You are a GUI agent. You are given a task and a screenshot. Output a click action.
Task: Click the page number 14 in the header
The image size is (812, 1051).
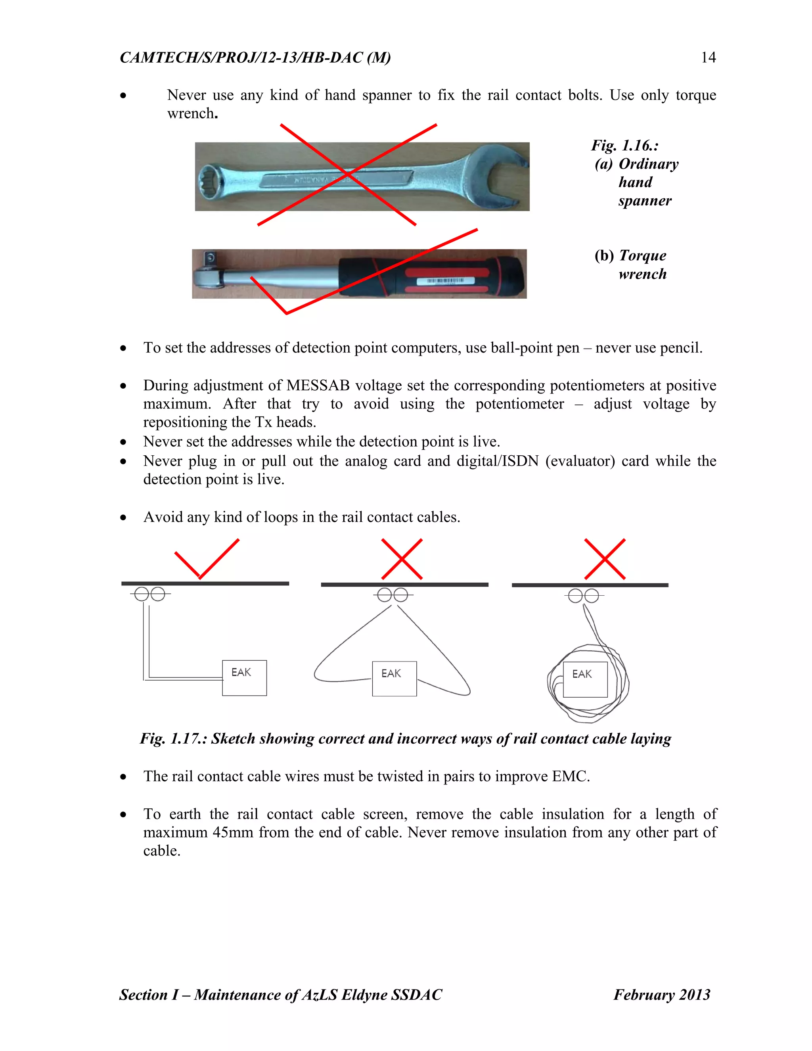pyautogui.click(x=708, y=58)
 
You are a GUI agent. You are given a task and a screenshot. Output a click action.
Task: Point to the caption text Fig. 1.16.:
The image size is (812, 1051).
pyautogui.click(x=624, y=145)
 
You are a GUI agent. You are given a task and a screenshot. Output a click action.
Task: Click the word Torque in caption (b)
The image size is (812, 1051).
pyautogui.click(x=642, y=255)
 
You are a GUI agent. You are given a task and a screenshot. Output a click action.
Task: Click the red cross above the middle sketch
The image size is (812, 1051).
pyautogui.click(x=402, y=559)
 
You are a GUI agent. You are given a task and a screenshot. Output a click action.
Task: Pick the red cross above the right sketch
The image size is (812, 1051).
pyautogui.click(x=605, y=559)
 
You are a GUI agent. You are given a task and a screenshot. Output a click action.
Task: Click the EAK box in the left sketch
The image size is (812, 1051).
pyautogui.click(x=244, y=677)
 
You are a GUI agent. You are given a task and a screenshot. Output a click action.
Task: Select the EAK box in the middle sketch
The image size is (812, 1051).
pyautogui.click(x=394, y=679)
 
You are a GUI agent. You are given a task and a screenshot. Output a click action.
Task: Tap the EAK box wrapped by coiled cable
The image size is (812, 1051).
pyautogui.click(x=584, y=679)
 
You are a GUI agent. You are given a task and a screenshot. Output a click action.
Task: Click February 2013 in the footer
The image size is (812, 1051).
pyautogui.click(x=661, y=995)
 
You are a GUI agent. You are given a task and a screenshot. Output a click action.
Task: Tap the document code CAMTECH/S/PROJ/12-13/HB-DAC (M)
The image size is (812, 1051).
pyautogui.click(x=255, y=58)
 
